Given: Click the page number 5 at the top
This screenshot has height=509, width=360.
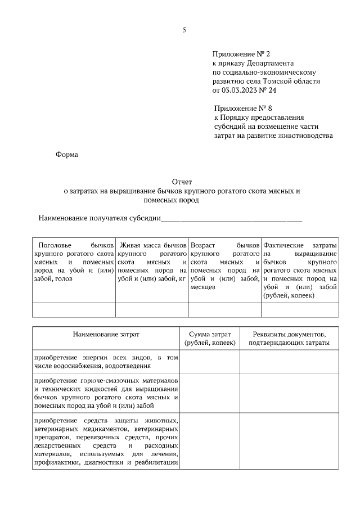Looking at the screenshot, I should point(184,30).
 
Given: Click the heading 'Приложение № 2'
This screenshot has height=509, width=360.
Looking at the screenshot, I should point(241,54).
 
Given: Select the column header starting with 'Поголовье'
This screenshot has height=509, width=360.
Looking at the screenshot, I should point(74,262).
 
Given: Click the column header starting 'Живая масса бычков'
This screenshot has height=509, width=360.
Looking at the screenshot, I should point(152,262).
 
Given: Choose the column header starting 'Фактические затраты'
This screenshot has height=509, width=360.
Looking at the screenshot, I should point(300,270).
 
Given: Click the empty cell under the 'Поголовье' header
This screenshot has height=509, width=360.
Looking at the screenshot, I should point(74,310).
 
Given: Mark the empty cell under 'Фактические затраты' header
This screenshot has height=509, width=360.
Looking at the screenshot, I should point(300,310).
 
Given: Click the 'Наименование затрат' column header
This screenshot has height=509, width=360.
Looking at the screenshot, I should point(106,334).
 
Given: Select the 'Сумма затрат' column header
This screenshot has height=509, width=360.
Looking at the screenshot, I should point(210,338).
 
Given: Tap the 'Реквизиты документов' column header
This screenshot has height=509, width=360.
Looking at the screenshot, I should point(289,338).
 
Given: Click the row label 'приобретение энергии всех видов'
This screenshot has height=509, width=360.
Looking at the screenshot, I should point(106,362).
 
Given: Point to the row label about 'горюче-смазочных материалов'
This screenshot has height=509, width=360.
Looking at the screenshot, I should point(106,393).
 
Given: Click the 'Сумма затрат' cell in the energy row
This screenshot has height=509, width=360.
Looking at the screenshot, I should point(210,362).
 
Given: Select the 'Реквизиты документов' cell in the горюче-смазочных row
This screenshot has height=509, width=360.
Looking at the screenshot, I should point(289,393).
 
